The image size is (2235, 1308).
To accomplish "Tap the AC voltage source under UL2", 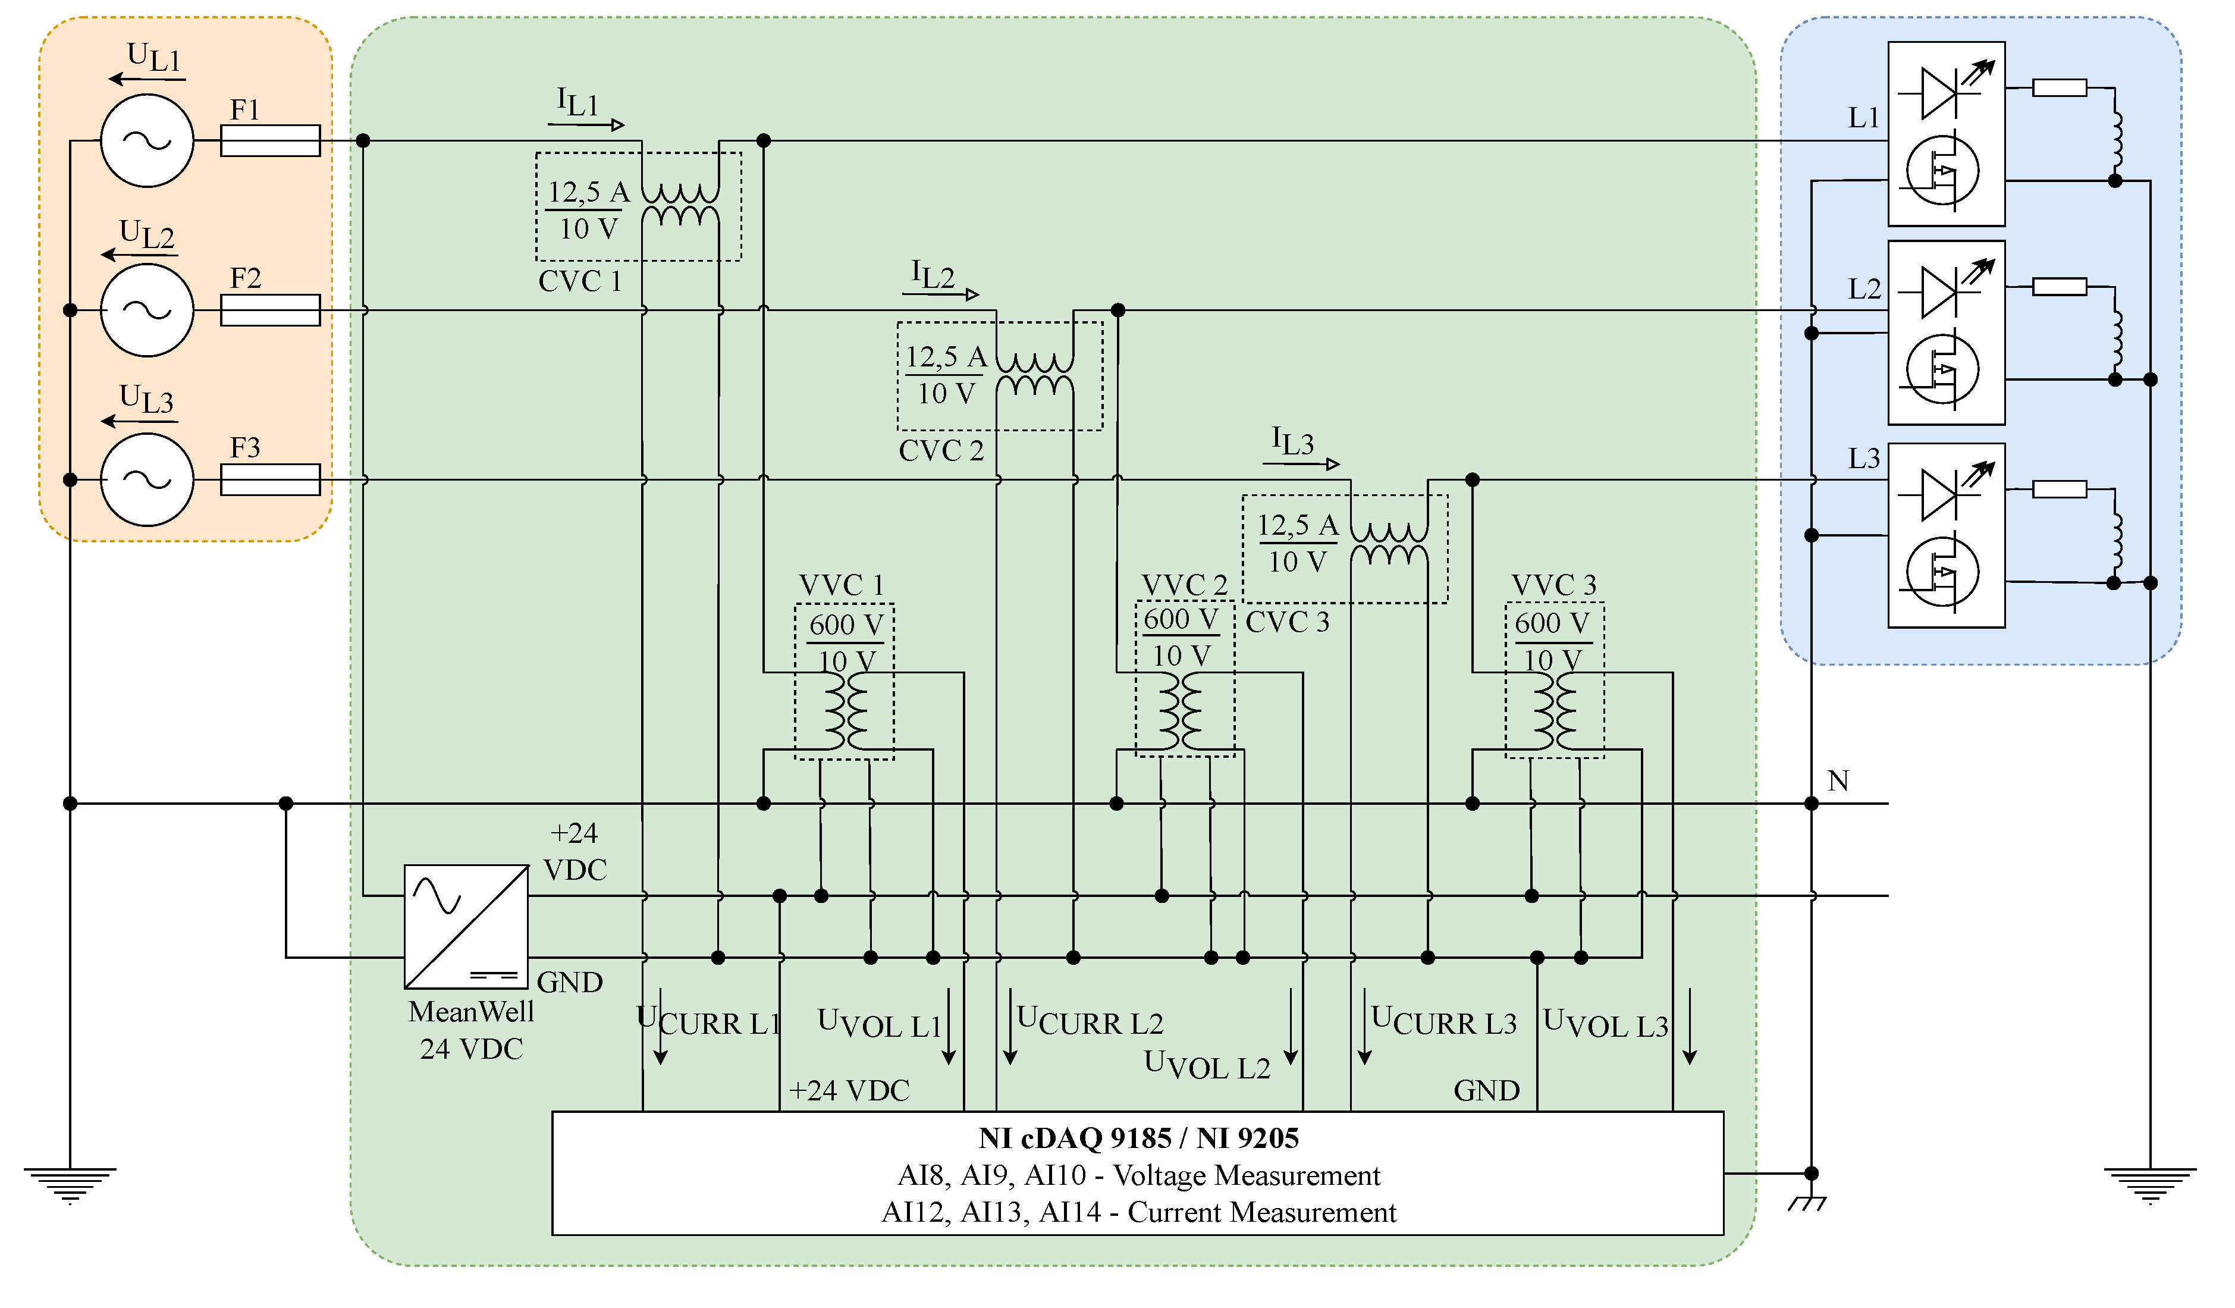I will [x=147, y=310].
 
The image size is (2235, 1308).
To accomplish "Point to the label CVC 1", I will [x=580, y=281].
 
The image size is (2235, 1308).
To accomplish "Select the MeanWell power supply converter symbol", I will [x=466, y=927].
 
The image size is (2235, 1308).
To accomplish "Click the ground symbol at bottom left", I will [x=70, y=1184].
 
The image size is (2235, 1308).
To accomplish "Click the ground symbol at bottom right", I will [x=2150, y=1184].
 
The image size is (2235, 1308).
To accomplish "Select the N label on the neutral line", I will [x=1838, y=781].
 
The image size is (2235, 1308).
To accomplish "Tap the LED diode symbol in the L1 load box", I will [x=1939, y=92].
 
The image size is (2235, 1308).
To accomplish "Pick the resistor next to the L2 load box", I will [x=2060, y=287].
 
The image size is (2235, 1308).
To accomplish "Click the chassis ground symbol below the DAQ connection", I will [x=1807, y=1203].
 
